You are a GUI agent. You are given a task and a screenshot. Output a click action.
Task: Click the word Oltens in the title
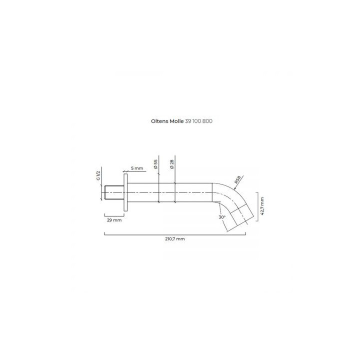(159, 121)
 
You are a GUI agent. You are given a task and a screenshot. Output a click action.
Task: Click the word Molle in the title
(176, 121)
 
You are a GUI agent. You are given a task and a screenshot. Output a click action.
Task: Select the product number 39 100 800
(198, 121)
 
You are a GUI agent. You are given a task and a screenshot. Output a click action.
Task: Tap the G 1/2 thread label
(98, 175)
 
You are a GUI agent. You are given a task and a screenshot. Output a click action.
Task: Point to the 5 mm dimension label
(137, 168)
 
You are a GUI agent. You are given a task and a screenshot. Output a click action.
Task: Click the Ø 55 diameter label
(155, 164)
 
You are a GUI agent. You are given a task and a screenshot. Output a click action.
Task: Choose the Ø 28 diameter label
(172, 164)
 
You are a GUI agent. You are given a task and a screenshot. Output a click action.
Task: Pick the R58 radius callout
(237, 179)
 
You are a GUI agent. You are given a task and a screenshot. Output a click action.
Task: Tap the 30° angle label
(222, 217)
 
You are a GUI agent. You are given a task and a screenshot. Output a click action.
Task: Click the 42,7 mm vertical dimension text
(262, 206)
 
